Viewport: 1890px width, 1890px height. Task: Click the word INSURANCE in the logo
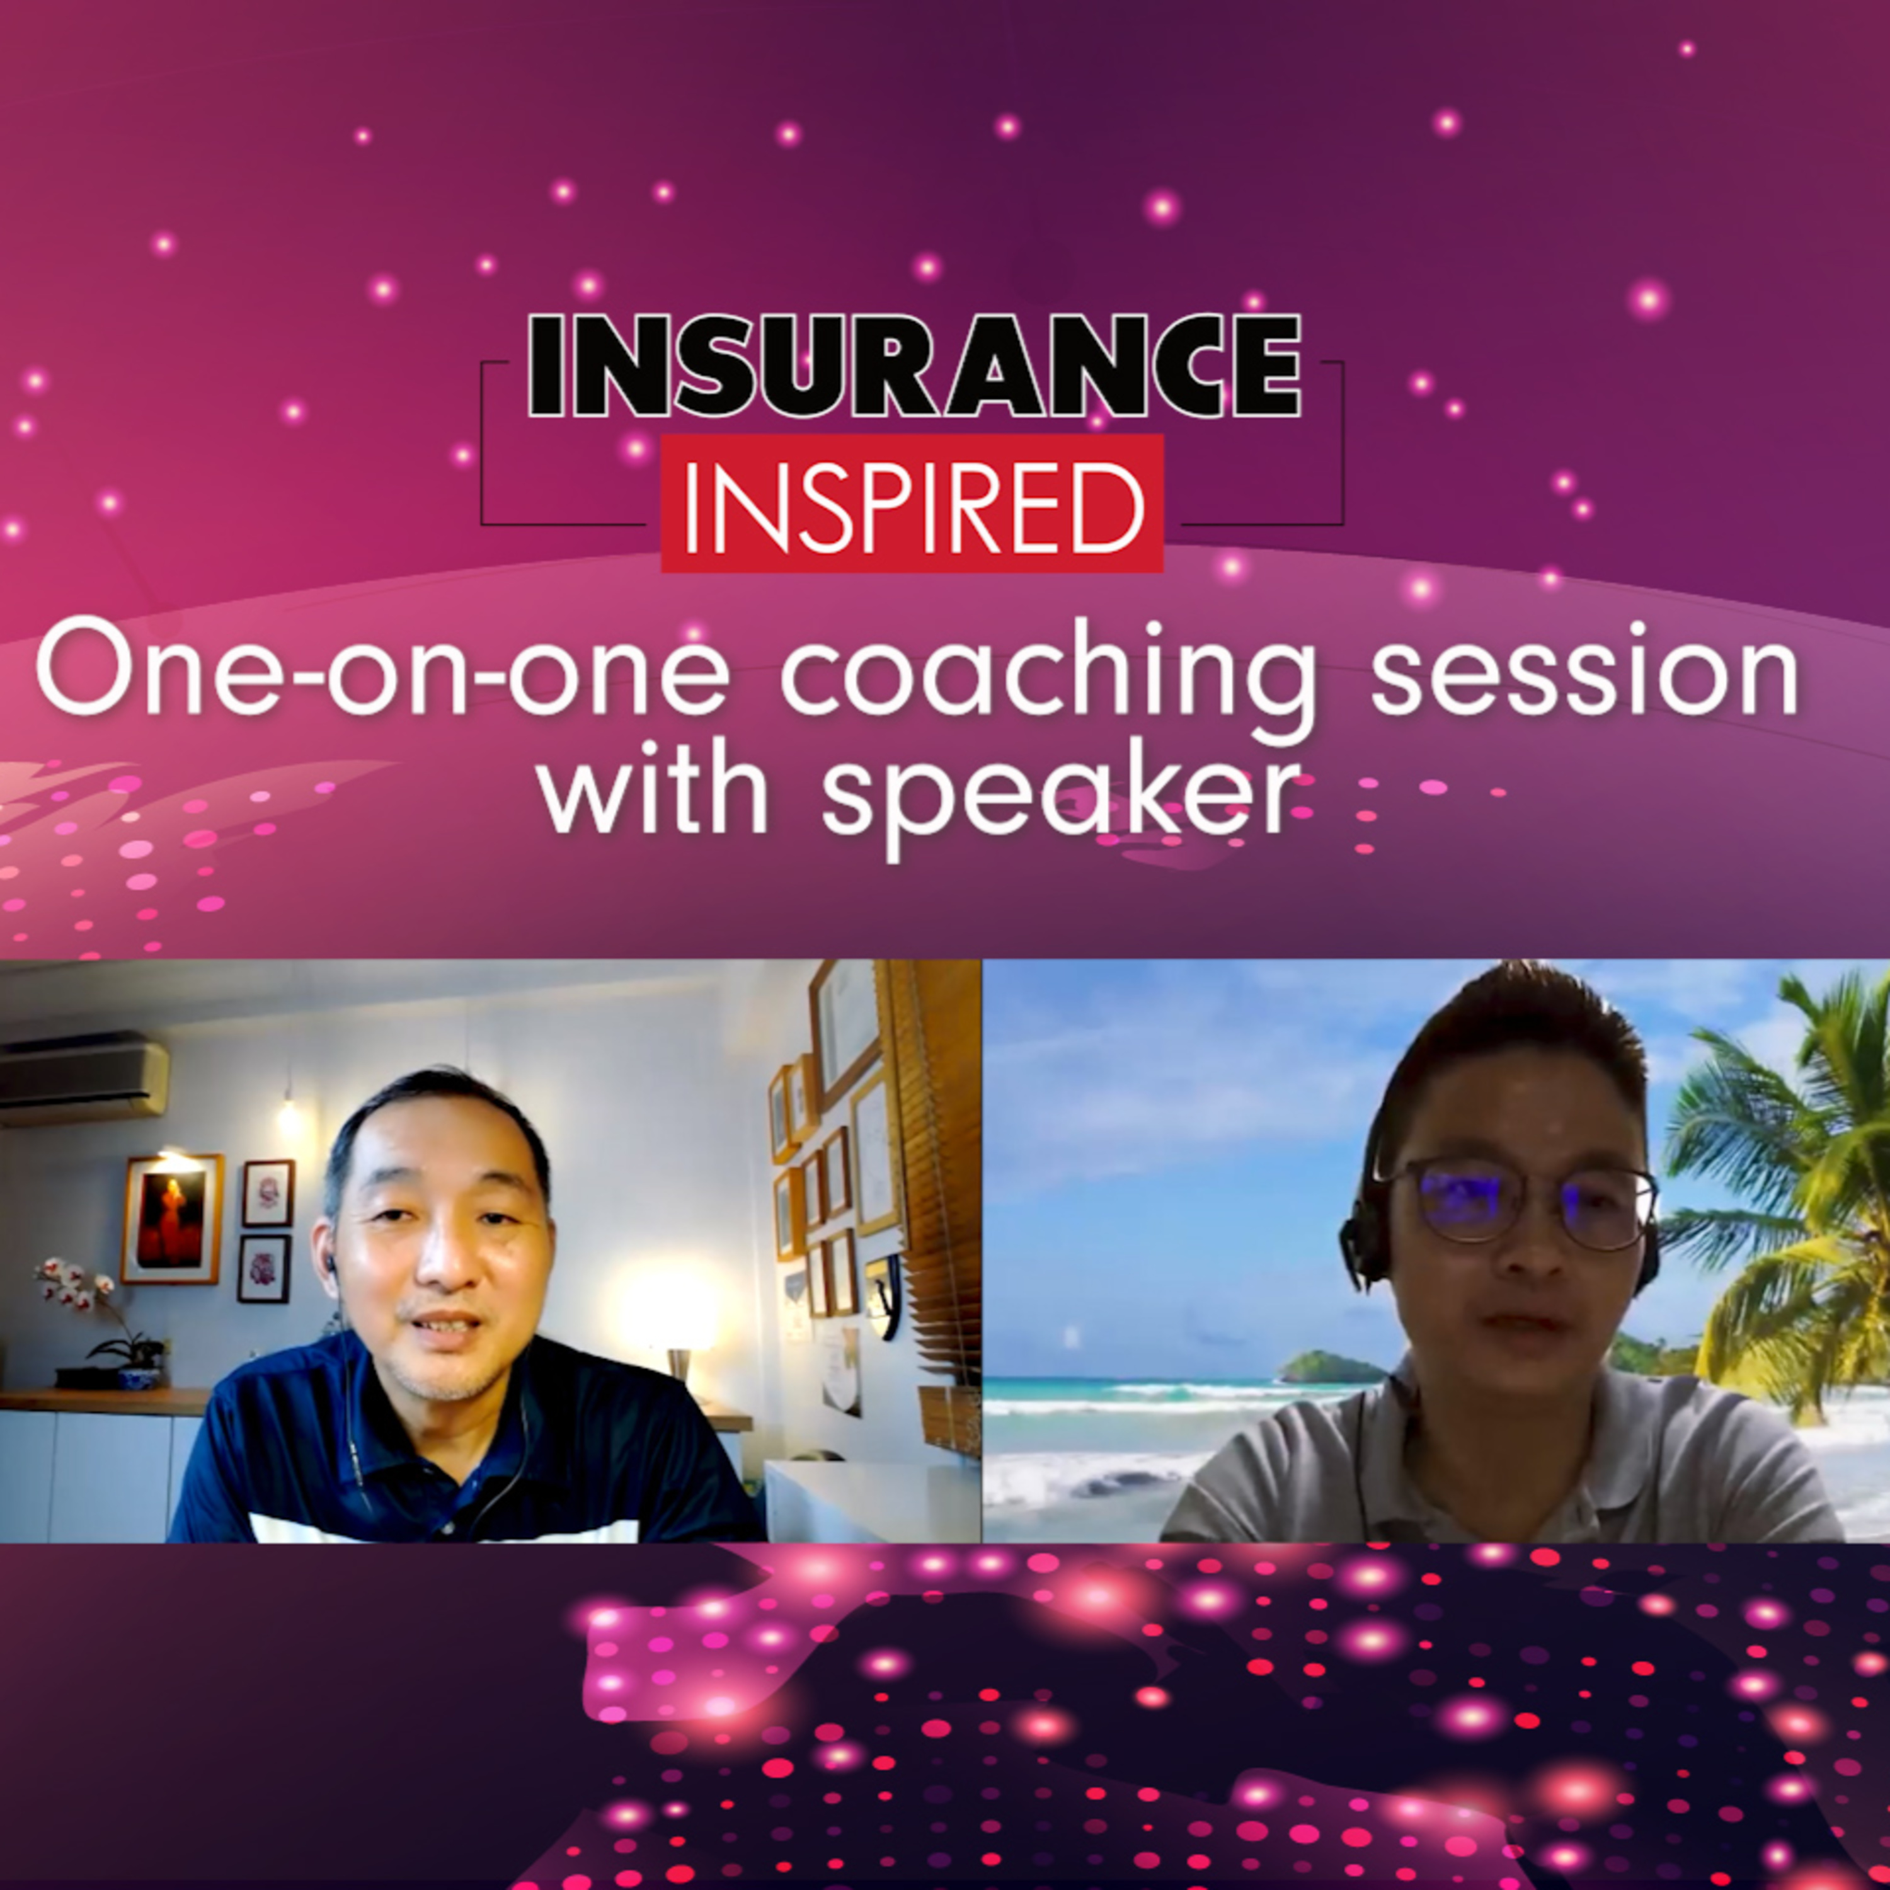tap(915, 367)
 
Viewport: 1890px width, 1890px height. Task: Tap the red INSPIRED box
tap(912, 503)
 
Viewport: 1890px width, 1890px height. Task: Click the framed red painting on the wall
tap(171, 1218)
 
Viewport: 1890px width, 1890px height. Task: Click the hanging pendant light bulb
tap(288, 1115)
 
